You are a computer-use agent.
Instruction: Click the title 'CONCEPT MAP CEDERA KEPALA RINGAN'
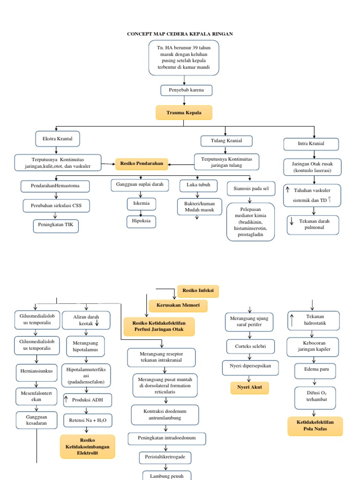pyautogui.click(x=180, y=34)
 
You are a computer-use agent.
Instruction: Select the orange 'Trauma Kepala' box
pyautogui.click(x=184, y=113)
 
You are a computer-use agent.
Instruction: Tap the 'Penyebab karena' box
pyautogui.click(x=187, y=90)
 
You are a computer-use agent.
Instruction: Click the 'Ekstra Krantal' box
pyautogui.click(x=58, y=139)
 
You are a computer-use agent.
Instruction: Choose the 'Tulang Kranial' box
pyautogui.click(x=227, y=141)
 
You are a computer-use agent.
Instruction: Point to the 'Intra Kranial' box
pyautogui.click(x=311, y=143)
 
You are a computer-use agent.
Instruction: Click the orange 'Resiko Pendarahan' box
pyautogui.click(x=142, y=164)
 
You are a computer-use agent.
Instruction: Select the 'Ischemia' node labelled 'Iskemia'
pyautogui.click(x=142, y=204)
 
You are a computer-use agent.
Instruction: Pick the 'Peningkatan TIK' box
pyautogui.click(x=56, y=226)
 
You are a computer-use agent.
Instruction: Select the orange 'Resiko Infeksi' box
pyautogui.click(x=198, y=291)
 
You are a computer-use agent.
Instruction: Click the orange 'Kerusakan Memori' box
pyautogui.click(x=178, y=306)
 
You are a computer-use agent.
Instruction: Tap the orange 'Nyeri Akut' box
pyautogui.click(x=250, y=388)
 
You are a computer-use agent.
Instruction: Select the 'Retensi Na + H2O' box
pyautogui.click(x=88, y=420)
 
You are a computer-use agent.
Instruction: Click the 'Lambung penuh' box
pyautogui.click(x=160, y=476)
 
